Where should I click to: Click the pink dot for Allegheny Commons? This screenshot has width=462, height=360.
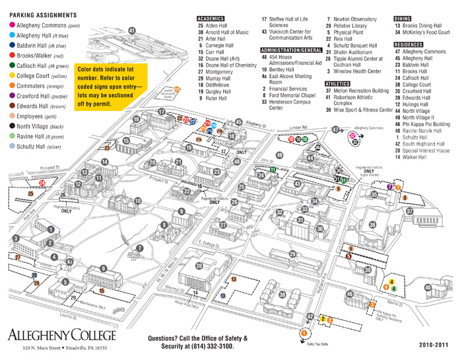coord(14,25)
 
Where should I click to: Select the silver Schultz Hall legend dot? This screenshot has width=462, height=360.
coord(14,147)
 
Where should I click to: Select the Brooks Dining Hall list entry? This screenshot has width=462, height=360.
coord(422,26)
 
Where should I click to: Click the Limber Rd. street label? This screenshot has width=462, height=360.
coord(299,127)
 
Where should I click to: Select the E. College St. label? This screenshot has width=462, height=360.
coord(210,244)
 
